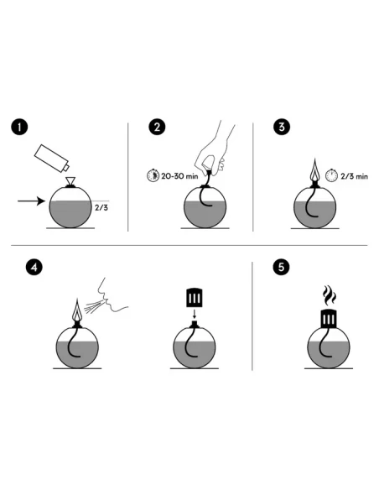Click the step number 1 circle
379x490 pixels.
pos(19,127)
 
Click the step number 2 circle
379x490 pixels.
pos(156,127)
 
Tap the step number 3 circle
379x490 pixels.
pos(283,127)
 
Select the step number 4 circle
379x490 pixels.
pos(34,268)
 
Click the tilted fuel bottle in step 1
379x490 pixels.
pos(53,159)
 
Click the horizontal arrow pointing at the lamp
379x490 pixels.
pos(31,201)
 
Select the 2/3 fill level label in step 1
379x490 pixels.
pos(101,205)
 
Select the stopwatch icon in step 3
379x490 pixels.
pos(333,175)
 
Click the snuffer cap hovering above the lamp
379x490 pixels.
pos(192,298)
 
